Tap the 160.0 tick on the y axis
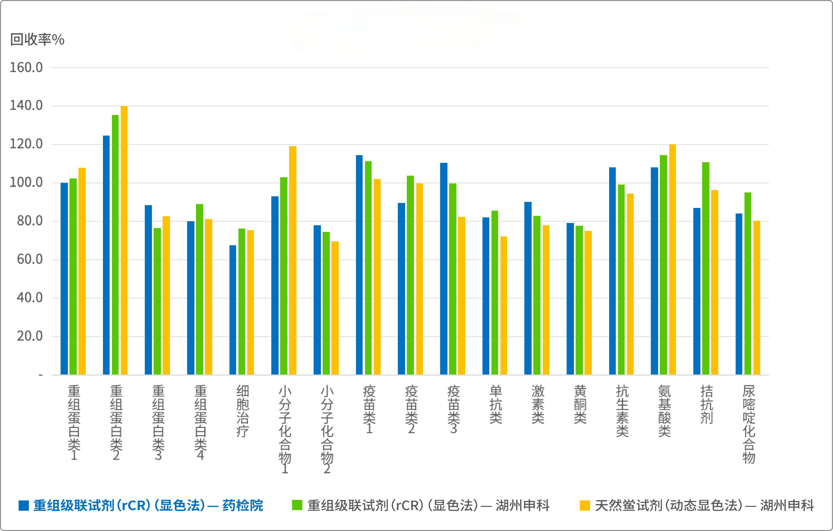26,67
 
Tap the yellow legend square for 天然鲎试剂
585,505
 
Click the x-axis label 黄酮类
580,404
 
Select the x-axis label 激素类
538,404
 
